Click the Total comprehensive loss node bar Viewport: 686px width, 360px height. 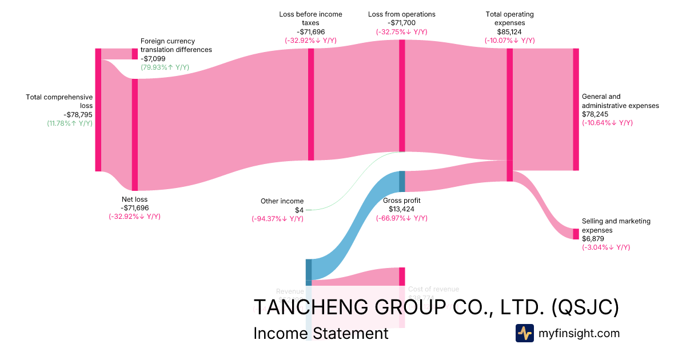point(98,110)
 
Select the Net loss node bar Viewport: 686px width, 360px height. point(135,134)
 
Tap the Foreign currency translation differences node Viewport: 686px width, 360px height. point(135,54)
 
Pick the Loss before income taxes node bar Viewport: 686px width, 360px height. point(311,104)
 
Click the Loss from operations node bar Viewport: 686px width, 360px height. point(402,95)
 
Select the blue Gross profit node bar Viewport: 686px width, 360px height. point(402,181)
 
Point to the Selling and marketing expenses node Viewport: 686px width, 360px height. point(576,234)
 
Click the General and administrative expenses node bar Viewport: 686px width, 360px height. point(576,109)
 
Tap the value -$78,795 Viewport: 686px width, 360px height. point(73,114)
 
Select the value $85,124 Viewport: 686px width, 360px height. point(509,32)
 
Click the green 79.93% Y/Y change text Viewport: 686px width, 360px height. point(165,67)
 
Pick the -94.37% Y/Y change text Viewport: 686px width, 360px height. point(277,219)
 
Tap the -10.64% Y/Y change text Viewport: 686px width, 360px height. point(607,123)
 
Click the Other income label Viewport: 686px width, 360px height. point(282,201)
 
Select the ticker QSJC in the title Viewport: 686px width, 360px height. point(585,307)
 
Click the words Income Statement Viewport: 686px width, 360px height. point(320,334)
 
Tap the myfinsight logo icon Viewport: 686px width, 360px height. point(525,333)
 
